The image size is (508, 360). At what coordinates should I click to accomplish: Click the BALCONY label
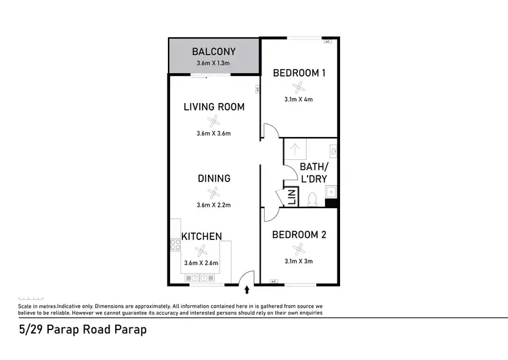pyautogui.click(x=213, y=52)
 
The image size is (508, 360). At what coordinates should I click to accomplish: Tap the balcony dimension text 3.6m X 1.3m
pyautogui.click(x=213, y=63)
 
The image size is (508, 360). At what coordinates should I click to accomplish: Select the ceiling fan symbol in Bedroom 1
pyautogui.click(x=299, y=87)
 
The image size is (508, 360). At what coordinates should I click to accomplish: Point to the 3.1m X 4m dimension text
pyautogui.click(x=299, y=99)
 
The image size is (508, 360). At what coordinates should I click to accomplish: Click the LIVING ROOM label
pyautogui.click(x=214, y=106)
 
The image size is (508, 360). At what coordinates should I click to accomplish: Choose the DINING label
pyautogui.click(x=214, y=178)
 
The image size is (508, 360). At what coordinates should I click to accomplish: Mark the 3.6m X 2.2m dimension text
pyautogui.click(x=214, y=205)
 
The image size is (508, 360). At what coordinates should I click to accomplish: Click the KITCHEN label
pyautogui.click(x=201, y=237)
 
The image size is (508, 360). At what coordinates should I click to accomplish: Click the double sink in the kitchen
pyautogui.click(x=199, y=277)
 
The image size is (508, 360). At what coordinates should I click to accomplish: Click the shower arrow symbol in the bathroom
pyautogui.click(x=295, y=148)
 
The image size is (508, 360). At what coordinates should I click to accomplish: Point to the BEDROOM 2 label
pyautogui.click(x=299, y=235)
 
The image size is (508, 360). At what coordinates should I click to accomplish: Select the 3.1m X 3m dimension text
pyautogui.click(x=299, y=261)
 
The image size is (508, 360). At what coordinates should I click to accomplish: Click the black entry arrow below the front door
pyautogui.click(x=247, y=289)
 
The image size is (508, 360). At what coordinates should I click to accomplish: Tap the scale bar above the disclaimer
pyautogui.click(x=31, y=298)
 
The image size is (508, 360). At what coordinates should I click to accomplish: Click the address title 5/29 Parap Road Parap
pyautogui.click(x=82, y=330)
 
